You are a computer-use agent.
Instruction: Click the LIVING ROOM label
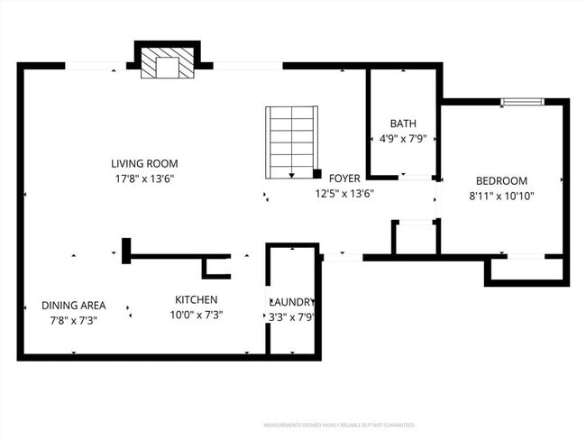tap(144, 163)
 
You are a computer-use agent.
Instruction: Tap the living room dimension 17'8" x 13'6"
tap(144, 179)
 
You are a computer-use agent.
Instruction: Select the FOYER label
tap(344, 178)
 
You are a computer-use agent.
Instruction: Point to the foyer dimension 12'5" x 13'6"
tap(344, 193)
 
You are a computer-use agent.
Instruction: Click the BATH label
tap(402, 124)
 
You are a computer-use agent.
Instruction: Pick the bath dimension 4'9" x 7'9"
tap(402, 140)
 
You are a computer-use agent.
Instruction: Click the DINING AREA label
tap(74, 305)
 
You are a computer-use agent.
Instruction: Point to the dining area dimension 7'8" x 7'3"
tap(74, 320)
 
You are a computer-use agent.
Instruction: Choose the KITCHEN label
tap(196, 299)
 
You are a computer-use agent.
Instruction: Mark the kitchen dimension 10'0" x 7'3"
tap(196, 315)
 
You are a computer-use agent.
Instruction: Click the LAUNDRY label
tap(292, 302)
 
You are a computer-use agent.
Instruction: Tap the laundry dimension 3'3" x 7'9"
tap(292, 317)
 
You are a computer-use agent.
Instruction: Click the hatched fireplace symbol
tap(167, 64)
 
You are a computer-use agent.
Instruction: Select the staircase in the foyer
tap(291, 142)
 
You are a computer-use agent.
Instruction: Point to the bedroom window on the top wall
tap(522, 102)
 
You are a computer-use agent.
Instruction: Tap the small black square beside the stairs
tap(317, 173)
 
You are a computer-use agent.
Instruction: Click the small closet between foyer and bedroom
tap(415, 238)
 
